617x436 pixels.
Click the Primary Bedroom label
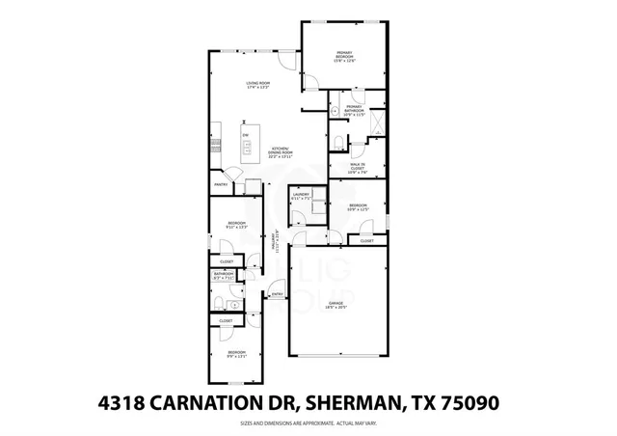click(345, 55)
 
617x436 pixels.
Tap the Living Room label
click(256, 85)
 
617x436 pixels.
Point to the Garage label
click(335, 306)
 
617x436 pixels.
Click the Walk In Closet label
click(358, 171)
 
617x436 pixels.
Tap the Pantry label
click(221, 183)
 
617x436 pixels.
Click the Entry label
click(277, 294)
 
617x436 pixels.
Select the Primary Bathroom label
click(356, 110)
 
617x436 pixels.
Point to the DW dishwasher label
click(246, 133)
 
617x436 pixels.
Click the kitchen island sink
click(247, 148)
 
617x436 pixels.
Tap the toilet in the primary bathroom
click(337, 143)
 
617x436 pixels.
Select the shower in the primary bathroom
click(377, 122)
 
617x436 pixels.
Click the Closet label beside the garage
click(366, 240)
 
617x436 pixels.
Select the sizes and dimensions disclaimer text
click(308, 422)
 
